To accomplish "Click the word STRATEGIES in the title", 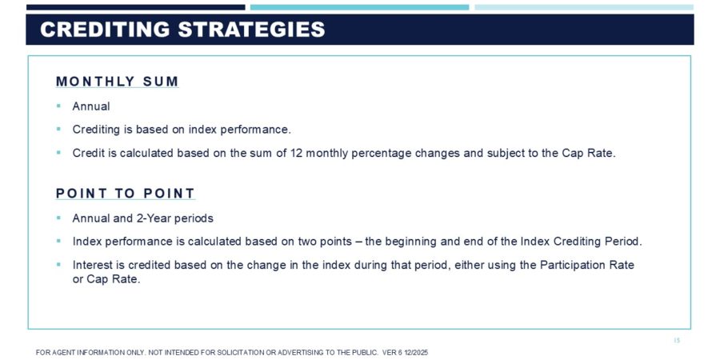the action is click(x=251, y=30).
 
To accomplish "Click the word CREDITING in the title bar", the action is click(x=105, y=30).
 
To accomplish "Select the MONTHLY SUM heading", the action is click(x=117, y=82).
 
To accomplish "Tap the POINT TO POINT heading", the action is click(x=126, y=194).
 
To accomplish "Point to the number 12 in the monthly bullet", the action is click(x=296, y=153).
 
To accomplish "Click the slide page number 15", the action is click(x=677, y=340).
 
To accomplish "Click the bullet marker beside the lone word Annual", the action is click(x=58, y=106).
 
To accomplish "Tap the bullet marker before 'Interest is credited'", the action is click(x=58, y=264).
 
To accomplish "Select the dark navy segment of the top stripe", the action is click(x=136, y=7).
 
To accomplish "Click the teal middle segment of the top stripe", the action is click(x=359, y=7).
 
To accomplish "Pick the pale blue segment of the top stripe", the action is click(x=584, y=7).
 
